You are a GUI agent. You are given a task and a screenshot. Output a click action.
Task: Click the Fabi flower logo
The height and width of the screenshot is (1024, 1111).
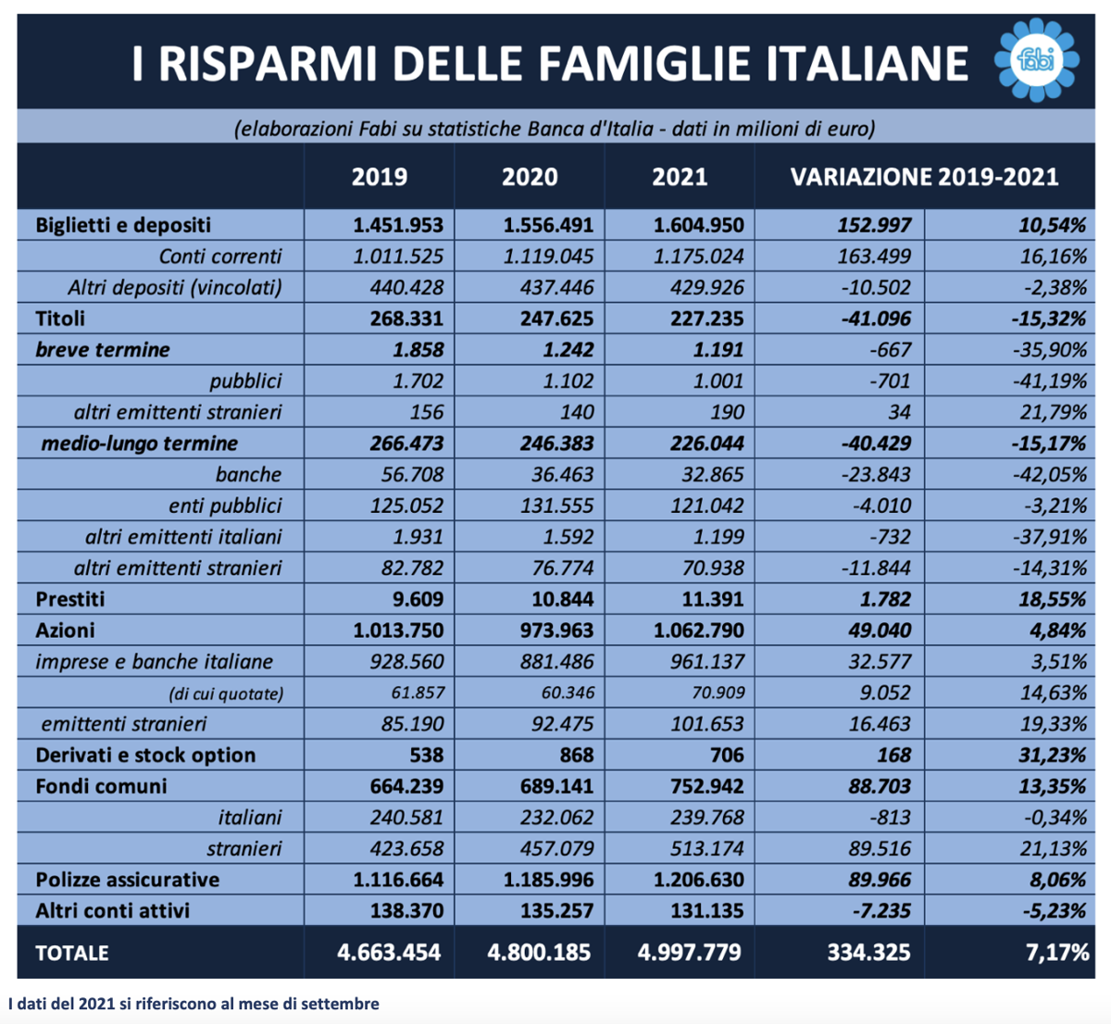[1036, 60]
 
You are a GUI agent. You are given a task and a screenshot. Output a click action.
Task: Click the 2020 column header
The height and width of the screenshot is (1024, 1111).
[530, 178]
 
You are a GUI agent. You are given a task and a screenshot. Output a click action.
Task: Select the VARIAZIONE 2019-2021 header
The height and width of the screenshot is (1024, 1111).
[924, 178]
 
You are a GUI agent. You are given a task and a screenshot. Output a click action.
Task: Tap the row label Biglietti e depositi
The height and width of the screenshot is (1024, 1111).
[123, 226]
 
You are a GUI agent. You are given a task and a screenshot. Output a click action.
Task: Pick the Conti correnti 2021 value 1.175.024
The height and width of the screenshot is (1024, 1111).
[698, 256]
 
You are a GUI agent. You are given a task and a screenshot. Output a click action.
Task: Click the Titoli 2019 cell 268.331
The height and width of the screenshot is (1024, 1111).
[406, 318]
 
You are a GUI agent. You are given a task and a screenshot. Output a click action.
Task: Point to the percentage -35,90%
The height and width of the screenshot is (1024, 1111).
[1050, 350]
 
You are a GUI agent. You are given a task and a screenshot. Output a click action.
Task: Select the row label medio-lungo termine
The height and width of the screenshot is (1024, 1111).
[139, 443]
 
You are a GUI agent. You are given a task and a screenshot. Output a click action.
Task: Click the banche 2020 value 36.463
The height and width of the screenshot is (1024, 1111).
[562, 475]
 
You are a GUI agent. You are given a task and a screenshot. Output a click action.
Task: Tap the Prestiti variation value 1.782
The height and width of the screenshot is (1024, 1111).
[885, 600]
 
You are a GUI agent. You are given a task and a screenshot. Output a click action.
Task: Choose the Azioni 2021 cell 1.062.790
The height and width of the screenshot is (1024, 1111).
[698, 631]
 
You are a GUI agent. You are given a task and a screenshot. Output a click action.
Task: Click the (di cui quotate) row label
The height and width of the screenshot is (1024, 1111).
[226, 693]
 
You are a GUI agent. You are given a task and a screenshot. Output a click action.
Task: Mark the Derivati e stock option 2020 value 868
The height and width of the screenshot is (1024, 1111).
[576, 756]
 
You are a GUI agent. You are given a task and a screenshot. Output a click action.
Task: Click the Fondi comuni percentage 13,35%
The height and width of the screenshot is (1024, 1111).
[1053, 786]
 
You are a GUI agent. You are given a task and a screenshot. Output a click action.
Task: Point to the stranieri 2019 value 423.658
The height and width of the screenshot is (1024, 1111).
[406, 849]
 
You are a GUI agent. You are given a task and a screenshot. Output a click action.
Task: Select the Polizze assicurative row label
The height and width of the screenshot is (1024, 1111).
[128, 880]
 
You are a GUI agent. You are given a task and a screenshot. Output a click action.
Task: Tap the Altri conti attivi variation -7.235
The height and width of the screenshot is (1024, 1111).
[881, 911]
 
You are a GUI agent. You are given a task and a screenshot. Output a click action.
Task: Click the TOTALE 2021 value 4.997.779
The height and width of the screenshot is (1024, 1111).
[689, 953]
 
